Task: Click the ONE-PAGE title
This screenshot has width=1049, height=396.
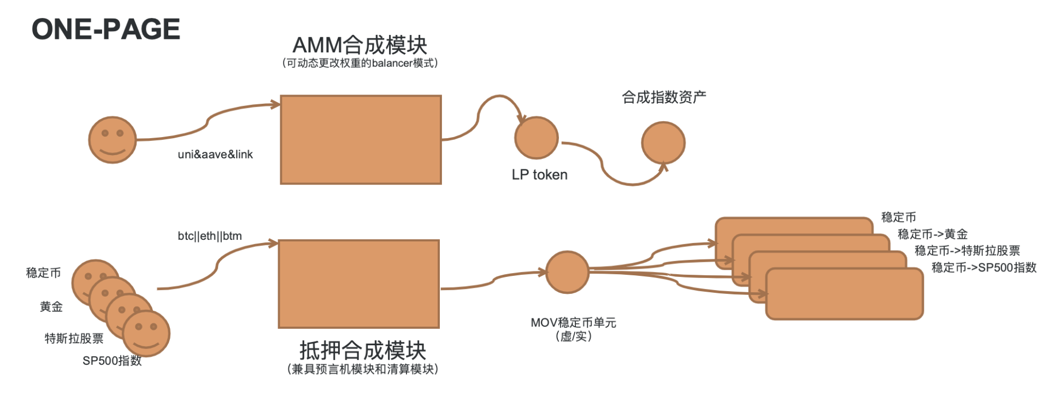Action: click(106, 29)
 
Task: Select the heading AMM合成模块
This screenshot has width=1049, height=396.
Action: click(360, 45)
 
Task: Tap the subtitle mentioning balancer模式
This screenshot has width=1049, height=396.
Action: click(360, 63)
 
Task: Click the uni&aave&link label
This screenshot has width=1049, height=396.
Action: click(215, 155)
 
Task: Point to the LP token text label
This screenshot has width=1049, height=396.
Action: click(539, 175)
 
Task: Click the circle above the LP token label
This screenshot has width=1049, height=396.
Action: click(536, 138)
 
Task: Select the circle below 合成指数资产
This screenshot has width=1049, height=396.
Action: click(663, 143)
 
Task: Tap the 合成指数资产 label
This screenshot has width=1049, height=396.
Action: click(664, 97)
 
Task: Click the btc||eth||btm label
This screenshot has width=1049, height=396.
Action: click(209, 236)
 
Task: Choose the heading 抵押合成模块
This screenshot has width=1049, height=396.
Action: click(362, 350)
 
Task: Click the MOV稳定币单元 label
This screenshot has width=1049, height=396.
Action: click(573, 323)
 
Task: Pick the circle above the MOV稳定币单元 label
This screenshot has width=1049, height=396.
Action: click(567, 272)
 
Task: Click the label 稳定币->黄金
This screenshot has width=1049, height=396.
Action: click(932, 234)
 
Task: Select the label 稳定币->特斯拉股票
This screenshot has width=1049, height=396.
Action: click(967, 251)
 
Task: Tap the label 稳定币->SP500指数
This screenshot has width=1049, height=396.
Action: click(983, 268)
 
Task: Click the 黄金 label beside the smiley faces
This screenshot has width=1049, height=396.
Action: click(51, 307)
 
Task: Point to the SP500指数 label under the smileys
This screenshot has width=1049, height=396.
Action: click(112, 361)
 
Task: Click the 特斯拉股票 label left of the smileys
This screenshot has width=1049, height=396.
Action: click(74, 339)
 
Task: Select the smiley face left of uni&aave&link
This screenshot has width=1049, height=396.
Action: click(112, 140)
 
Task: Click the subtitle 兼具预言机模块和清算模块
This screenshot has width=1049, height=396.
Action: click(362, 369)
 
